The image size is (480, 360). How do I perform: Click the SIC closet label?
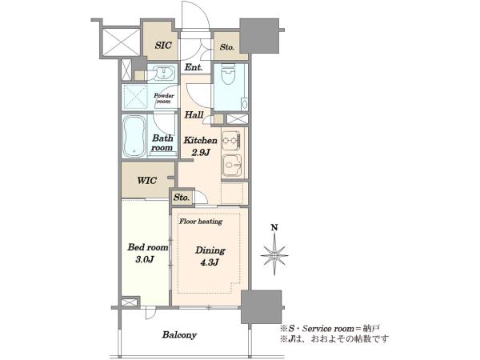(x=163, y=46)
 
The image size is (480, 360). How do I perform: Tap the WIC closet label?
(x=147, y=180)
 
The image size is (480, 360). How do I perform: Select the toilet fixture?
(x=228, y=74)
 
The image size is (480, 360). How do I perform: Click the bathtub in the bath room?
(x=134, y=136)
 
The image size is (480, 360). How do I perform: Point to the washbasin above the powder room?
(x=165, y=73)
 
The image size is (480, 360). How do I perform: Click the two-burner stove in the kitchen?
(x=231, y=141)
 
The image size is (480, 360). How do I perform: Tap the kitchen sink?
(x=232, y=166)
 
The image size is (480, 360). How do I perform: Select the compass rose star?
(x=274, y=255)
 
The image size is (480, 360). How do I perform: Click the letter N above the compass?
(x=274, y=227)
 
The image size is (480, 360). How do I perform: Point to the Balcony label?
(x=179, y=335)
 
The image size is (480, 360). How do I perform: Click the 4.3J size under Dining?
(x=210, y=262)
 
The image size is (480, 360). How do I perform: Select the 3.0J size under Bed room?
(x=144, y=259)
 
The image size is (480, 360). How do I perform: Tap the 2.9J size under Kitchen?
(x=201, y=152)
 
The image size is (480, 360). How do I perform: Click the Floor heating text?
(x=201, y=222)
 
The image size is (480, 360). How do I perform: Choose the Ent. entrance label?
(x=194, y=67)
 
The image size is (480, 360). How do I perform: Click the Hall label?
(x=194, y=115)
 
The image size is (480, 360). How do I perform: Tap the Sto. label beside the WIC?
(x=182, y=198)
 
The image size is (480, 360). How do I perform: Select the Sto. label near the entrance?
(x=227, y=47)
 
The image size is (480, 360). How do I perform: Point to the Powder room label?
(x=164, y=98)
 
